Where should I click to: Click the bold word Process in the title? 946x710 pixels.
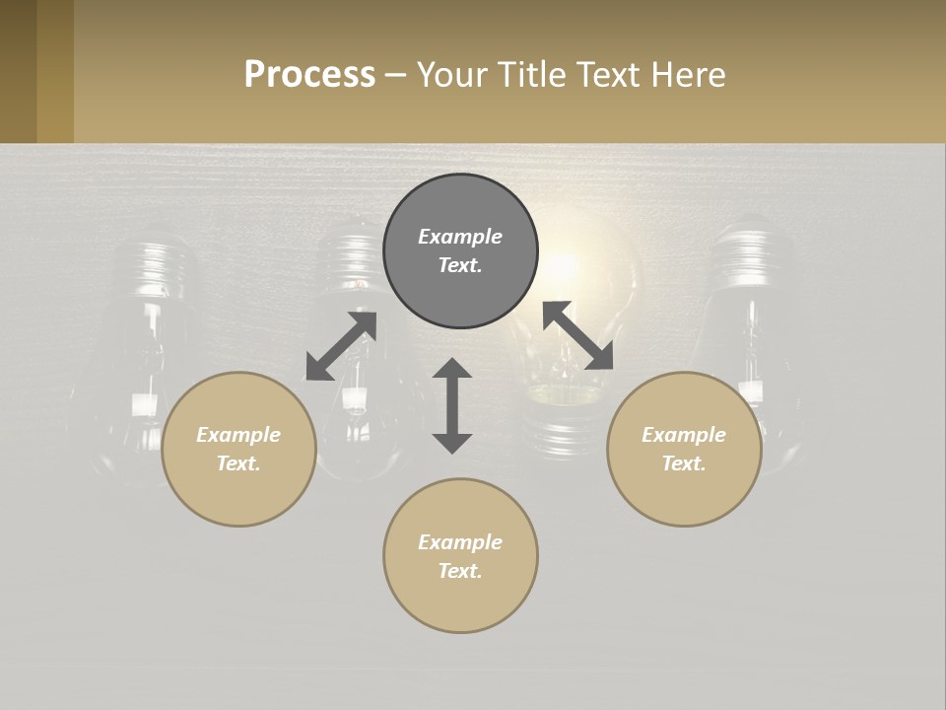click(309, 75)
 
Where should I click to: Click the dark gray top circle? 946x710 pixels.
click(460, 251)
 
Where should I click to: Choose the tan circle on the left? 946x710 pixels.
click(238, 449)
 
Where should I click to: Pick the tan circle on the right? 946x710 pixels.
click(684, 449)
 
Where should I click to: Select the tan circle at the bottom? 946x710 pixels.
click(460, 556)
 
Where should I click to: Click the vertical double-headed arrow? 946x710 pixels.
click(452, 405)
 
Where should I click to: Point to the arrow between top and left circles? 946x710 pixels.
click(341, 346)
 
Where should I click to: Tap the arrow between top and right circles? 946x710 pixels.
click(577, 335)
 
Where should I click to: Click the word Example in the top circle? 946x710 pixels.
click(460, 237)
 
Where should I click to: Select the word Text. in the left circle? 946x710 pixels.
click(238, 463)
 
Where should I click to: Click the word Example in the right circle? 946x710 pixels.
click(684, 435)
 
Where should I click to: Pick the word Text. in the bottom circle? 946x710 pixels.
click(460, 571)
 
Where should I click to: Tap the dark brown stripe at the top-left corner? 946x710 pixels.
click(18, 71)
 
